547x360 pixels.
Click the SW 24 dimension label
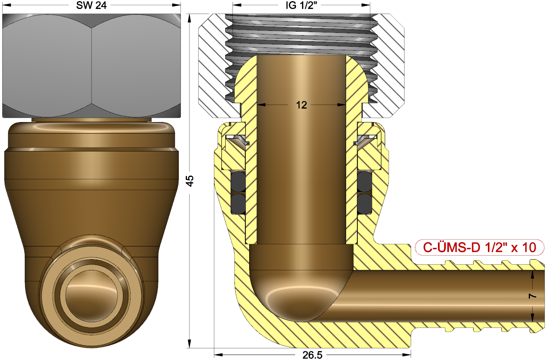(x=91, y=5)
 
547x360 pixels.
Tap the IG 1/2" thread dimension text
(x=301, y=5)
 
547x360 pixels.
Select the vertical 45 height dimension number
(x=190, y=181)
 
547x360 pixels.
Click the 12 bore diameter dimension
(x=301, y=105)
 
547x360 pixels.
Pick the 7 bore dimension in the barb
(x=533, y=296)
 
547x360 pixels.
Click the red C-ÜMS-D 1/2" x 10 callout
(x=479, y=247)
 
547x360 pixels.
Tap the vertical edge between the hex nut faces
(x=92, y=66)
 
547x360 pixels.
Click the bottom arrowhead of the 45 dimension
(x=190, y=344)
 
